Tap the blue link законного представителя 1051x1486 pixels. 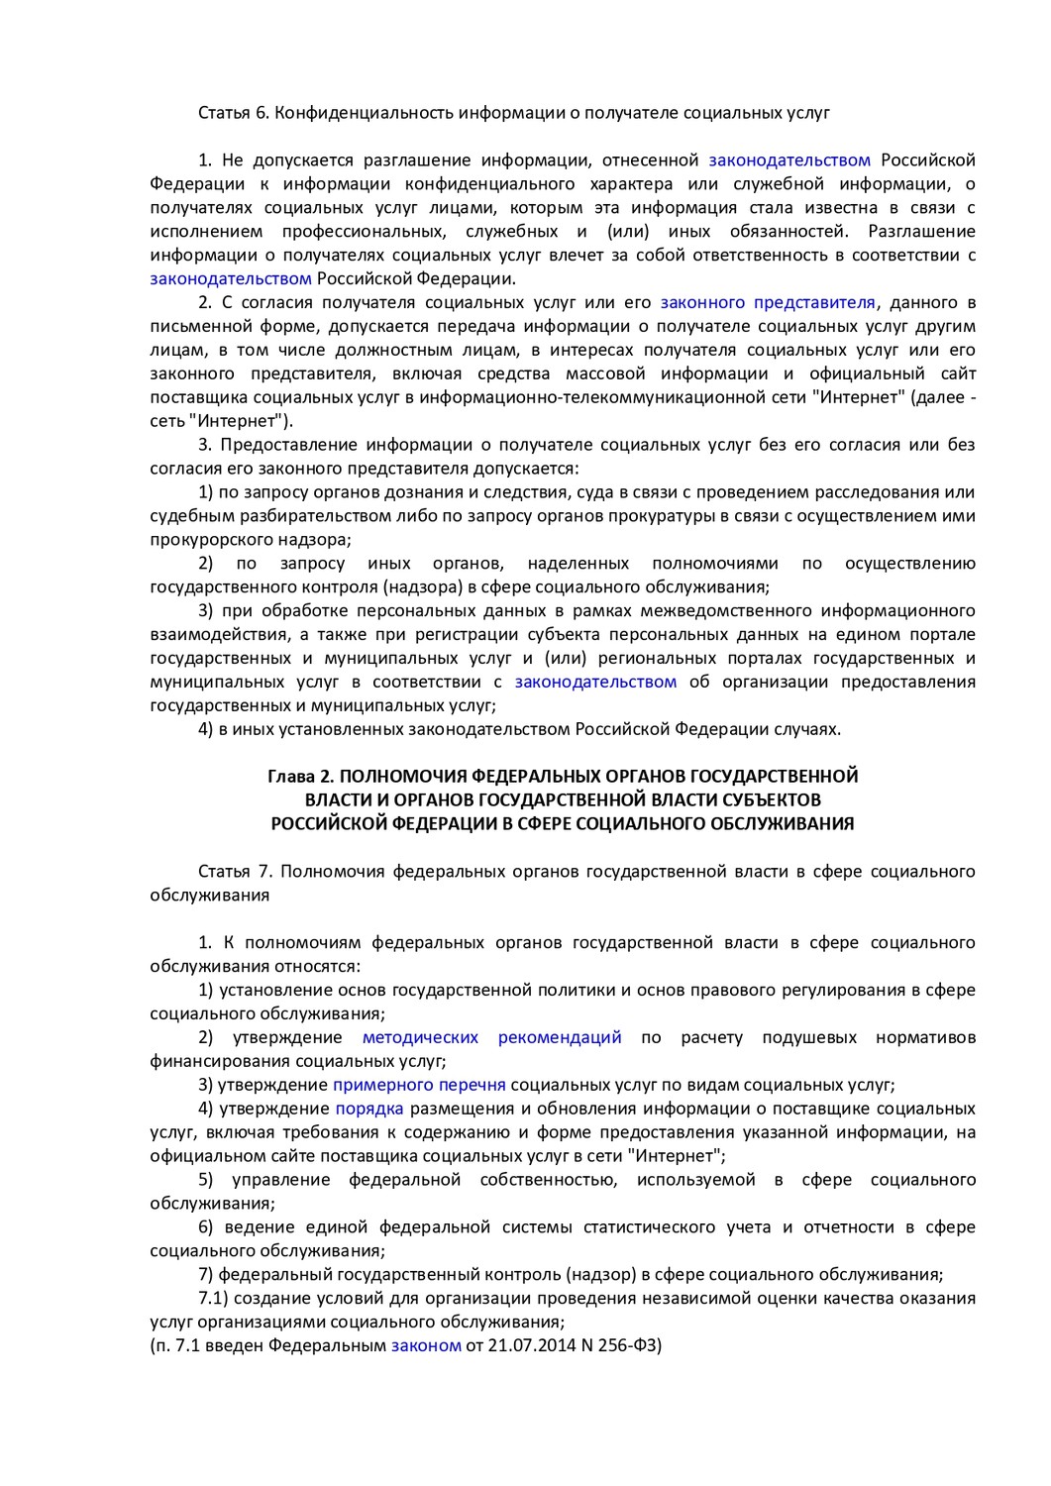coord(768,302)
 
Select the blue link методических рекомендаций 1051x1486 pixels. coord(492,1037)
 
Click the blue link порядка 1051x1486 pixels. coord(368,1109)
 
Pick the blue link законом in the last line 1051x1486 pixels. coord(426,1345)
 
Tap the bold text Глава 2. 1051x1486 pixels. coord(300,777)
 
